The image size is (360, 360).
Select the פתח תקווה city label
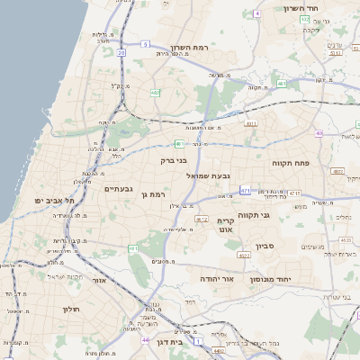tap(291, 163)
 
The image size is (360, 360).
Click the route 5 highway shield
tap(144, 42)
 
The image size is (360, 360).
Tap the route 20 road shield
tap(121, 52)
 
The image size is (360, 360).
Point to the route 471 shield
tap(245, 190)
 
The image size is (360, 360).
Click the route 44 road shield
tap(146, 341)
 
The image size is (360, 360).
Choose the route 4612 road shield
tap(201, 218)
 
